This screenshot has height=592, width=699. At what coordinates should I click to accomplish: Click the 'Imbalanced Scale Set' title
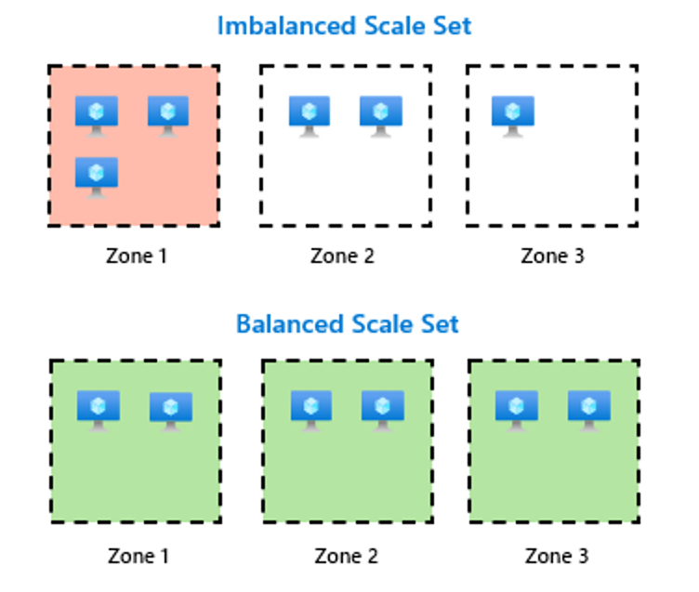coord(344,25)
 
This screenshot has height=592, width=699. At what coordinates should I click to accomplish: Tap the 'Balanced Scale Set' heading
coord(347,324)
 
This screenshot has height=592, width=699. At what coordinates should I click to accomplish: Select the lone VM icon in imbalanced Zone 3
coord(513,115)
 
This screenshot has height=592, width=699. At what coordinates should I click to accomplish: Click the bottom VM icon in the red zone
coord(97,176)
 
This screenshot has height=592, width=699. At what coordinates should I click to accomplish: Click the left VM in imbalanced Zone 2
coord(310,115)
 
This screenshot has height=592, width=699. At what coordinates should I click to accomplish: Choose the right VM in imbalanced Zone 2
coord(381,115)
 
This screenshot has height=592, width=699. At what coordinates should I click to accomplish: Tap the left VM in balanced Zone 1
coord(99,410)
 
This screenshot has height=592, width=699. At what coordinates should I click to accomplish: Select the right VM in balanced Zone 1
coord(171,410)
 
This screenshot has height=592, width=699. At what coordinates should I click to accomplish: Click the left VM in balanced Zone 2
coord(311,410)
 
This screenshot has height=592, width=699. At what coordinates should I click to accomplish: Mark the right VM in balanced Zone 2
coord(382,410)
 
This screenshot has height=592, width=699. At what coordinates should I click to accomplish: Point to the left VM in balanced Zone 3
coord(517,410)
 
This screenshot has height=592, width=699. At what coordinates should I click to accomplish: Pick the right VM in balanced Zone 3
coord(588,410)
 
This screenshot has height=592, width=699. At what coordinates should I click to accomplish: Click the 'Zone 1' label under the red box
coord(136,256)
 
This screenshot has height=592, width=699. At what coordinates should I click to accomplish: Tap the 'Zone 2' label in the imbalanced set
coord(342,256)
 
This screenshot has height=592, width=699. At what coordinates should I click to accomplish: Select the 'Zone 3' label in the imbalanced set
coord(552,256)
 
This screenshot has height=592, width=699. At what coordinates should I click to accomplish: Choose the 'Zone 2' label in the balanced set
coord(346,556)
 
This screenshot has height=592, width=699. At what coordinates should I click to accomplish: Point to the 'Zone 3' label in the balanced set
coord(557,556)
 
